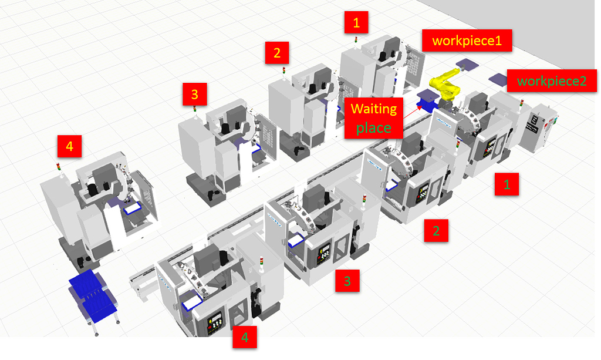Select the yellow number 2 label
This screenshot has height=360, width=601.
pyautogui.click(x=276, y=53)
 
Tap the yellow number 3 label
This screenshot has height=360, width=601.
pyautogui.click(x=194, y=93)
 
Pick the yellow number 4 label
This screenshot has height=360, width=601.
pyautogui.click(x=69, y=146)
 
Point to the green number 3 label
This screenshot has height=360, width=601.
pyautogui.click(x=347, y=281)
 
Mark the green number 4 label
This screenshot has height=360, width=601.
pyautogui.click(x=245, y=337)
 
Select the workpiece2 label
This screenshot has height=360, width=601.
pyautogui.click(x=552, y=80)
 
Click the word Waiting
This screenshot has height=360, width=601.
pyautogui.click(x=374, y=109)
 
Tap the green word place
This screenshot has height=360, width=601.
pyautogui.click(x=374, y=127)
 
